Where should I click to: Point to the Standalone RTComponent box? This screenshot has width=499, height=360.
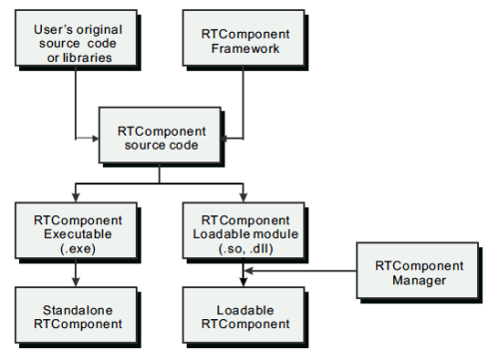point(76,317)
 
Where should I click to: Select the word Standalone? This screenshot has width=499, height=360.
point(76,310)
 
